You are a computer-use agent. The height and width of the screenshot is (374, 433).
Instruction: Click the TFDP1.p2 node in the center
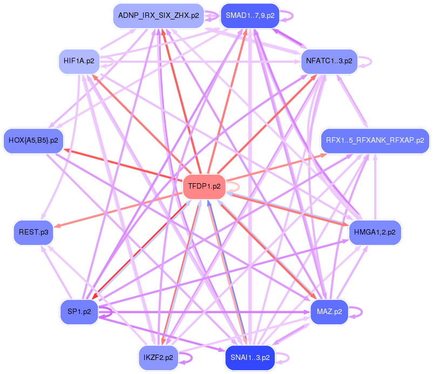pyautogui.click(x=204, y=186)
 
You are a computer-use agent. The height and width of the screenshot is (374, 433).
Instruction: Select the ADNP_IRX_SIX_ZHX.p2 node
pyautogui.click(x=158, y=16)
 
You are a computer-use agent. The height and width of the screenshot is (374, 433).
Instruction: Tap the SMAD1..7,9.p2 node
pyautogui.click(x=250, y=16)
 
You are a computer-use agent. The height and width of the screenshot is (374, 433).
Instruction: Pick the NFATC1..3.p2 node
pyautogui.click(x=329, y=61)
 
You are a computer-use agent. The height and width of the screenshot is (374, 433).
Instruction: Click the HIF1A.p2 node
pyautogui.click(x=79, y=61)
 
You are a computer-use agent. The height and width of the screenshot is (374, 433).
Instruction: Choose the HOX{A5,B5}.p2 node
pyautogui.click(x=33, y=141)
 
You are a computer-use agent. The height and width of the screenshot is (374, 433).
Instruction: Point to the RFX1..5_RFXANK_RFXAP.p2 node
pyautogui.click(x=375, y=141)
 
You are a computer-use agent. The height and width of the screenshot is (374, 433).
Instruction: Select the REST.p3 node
pyautogui.click(x=33, y=232)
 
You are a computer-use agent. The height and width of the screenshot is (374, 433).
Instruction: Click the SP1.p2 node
pyautogui.click(x=79, y=312)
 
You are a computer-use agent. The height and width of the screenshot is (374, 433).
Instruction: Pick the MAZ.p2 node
pyautogui.click(x=329, y=312)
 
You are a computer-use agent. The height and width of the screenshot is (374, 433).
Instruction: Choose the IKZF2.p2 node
pyautogui.click(x=158, y=357)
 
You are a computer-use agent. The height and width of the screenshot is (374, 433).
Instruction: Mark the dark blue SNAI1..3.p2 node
pyautogui.click(x=250, y=357)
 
